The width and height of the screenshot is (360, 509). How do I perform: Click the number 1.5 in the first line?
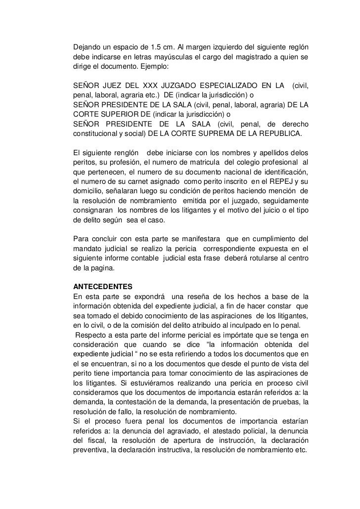(x=156, y=47)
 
